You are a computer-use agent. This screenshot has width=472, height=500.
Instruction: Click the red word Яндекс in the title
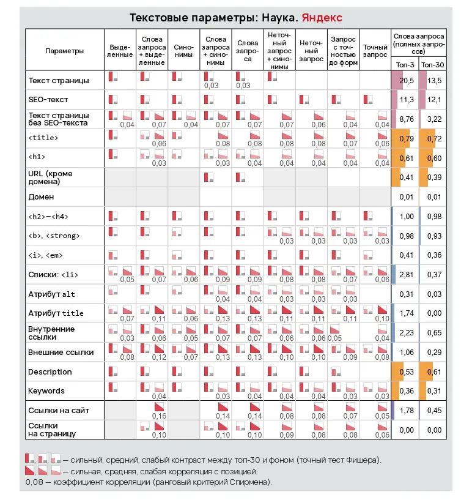coord(322,18)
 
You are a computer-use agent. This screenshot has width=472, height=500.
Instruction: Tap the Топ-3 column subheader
coord(404,64)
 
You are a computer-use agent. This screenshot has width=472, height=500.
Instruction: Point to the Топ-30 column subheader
coord(432,64)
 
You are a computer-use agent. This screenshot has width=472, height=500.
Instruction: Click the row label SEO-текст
coord(48,99)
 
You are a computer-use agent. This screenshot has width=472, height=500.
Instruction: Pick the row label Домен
coord(41,197)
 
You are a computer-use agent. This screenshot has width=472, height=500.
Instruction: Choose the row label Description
coord(50,372)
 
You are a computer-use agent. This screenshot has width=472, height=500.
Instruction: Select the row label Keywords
coord(46,391)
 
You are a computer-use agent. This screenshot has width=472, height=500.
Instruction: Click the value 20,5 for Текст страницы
coord(407,80)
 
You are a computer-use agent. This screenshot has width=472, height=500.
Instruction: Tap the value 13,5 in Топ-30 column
coord(435,80)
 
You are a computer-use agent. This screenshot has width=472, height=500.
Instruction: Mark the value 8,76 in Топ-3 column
coord(407,119)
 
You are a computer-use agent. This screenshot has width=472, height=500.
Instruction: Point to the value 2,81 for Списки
coord(407,275)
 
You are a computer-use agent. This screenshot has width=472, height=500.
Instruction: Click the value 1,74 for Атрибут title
coord(407,313)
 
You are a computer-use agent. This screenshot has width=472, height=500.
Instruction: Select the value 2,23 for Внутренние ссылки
coord(407,333)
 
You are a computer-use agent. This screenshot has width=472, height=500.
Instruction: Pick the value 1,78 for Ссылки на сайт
coord(407,411)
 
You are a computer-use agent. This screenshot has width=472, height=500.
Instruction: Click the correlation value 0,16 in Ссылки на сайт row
coord(159,416)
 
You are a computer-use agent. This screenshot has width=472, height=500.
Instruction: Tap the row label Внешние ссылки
coord(61,353)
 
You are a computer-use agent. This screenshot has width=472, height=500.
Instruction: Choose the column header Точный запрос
coord(375,50)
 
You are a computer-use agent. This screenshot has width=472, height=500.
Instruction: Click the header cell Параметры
coord(65,51)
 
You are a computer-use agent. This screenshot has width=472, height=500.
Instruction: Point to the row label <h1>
coord(37,157)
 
